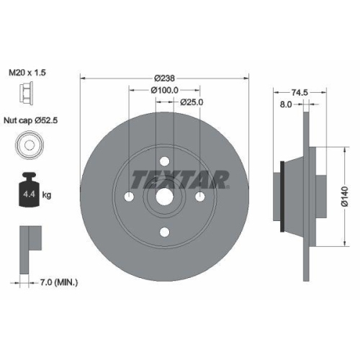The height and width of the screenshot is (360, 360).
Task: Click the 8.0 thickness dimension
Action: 285,104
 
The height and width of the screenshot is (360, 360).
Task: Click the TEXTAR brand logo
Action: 180,177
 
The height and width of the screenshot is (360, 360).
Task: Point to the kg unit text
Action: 46,194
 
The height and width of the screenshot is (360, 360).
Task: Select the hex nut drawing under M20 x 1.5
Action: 26,94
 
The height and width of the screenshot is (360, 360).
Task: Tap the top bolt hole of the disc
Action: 164,161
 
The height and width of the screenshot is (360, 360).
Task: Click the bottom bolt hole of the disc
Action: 164,231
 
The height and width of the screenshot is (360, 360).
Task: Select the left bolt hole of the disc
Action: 130,197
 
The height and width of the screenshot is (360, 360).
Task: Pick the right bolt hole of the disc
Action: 199,197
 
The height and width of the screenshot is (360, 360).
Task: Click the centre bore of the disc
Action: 164,197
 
